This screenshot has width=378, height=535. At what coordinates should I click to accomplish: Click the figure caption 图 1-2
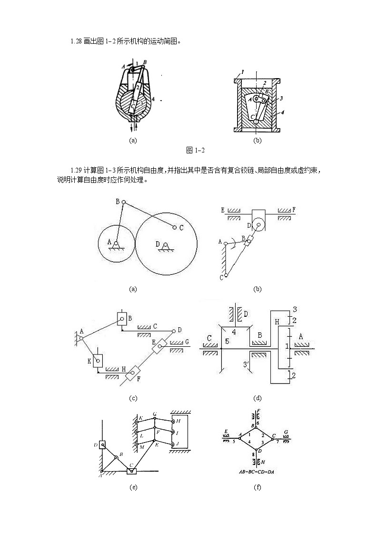[x=195, y=151]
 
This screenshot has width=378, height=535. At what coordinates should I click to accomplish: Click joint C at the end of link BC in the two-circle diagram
[x=175, y=227]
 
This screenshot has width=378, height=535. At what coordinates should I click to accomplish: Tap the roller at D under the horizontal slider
[x=258, y=222]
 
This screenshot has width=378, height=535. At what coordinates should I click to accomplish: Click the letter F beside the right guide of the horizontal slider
[x=294, y=210]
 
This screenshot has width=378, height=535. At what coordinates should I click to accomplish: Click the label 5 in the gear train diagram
[x=228, y=341]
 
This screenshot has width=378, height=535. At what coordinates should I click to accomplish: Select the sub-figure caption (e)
[x=133, y=487]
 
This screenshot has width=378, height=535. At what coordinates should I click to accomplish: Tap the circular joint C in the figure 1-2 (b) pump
[x=256, y=121]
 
